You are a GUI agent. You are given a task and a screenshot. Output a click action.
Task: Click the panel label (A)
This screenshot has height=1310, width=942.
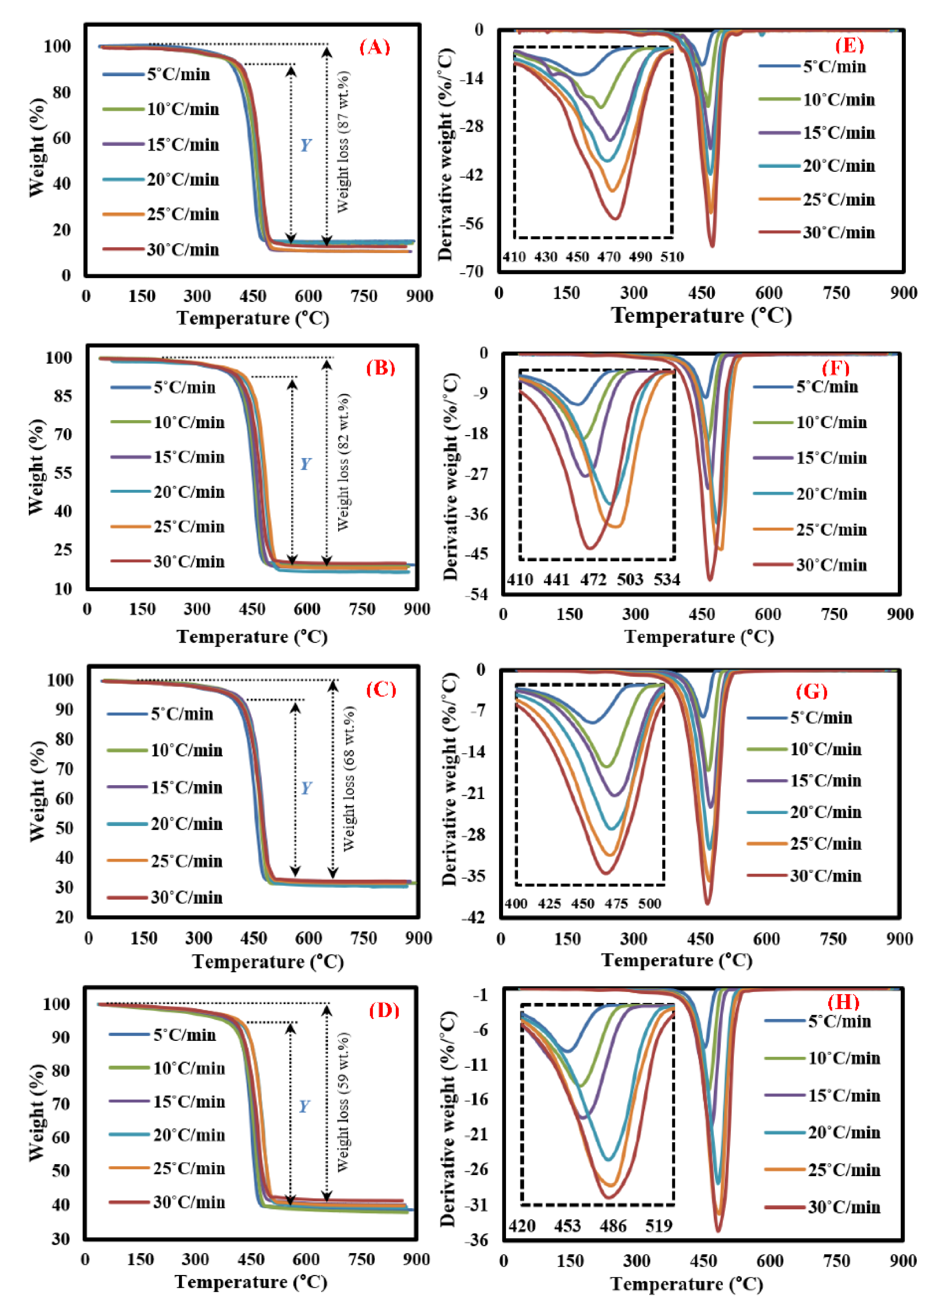pyautogui.click(x=375, y=47)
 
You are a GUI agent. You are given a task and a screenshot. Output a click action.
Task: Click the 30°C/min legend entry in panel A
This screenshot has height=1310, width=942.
pyautogui.click(x=182, y=249)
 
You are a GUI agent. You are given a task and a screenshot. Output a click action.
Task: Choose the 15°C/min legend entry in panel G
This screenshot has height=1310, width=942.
pyautogui.click(x=825, y=781)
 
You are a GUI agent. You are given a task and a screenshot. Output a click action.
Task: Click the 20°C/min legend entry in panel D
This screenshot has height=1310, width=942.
pyautogui.click(x=189, y=1135)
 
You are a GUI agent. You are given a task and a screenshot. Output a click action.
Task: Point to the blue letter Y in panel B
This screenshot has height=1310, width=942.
pyautogui.click(x=305, y=464)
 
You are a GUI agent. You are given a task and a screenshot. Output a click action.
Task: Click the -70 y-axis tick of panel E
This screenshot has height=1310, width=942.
pyautogui.click(x=471, y=271)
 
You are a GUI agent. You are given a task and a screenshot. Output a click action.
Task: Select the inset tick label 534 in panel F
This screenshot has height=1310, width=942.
pyautogui.click(x=667, y=580)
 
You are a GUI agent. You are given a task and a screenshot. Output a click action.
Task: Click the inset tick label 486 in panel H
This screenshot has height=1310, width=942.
pyautogui.click(x=612, y=1226)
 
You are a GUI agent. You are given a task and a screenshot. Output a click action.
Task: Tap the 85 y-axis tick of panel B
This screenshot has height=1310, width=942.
pyautogui.click(x=62, y=396)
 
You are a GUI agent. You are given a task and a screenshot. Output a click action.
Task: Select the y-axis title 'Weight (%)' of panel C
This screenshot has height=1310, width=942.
pyautogui.click(x=36, y=791)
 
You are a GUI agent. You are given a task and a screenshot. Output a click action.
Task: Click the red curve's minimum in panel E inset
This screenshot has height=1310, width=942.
pyautogui.click(x=615, y=218)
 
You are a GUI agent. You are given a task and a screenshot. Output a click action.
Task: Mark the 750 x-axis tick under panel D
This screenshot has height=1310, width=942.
pyautogui.click(x=361, y=1259)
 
